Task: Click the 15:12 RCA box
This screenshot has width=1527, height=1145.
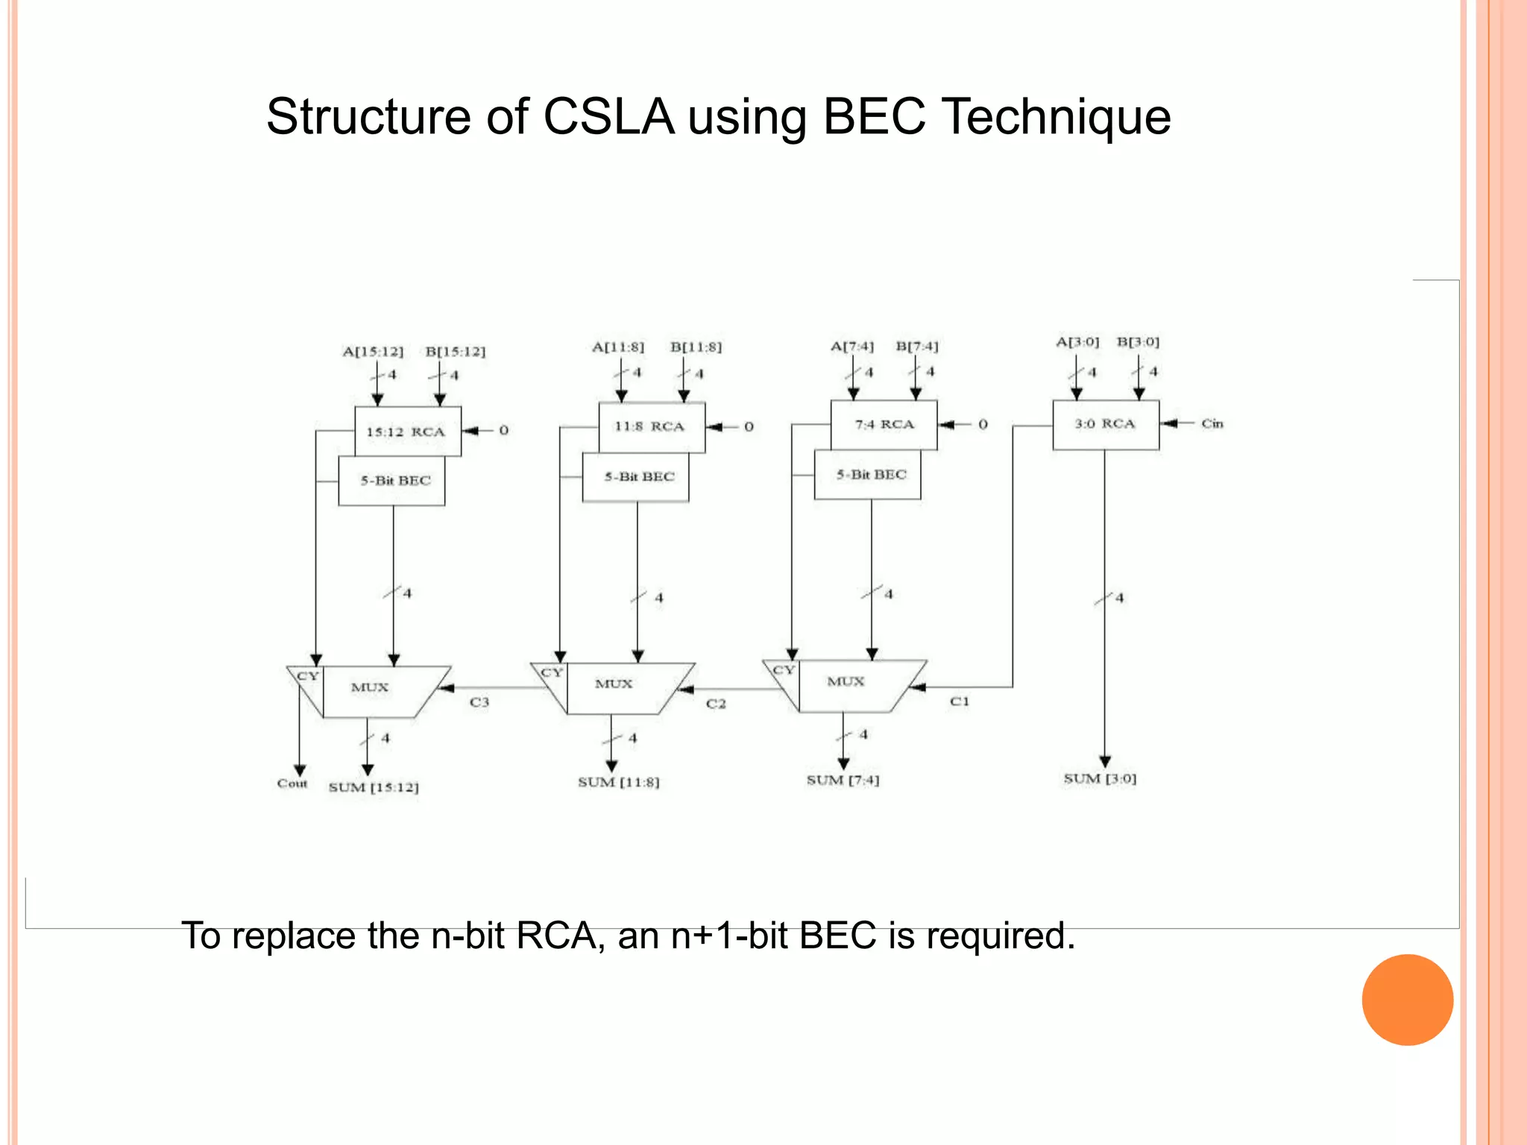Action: (x=407, y=432)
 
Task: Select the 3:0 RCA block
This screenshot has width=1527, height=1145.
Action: (x=1105, y=424)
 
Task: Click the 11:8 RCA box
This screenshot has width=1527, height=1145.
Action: (x=651, y=426)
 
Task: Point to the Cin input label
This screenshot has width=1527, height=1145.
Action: (x=1212, y=423)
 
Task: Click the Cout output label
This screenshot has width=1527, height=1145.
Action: (x=292, y=783)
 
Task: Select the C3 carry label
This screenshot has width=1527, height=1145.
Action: (x=479, y=702)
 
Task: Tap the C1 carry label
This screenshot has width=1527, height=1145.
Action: (x=960, y=701)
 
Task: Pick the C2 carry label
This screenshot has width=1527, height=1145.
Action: (x=716, y=704)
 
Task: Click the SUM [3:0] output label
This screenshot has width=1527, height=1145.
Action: (x=1100, y=779)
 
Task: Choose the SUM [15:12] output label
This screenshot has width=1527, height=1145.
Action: (x=374, y=787)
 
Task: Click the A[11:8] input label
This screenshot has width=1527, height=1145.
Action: (x=618, y=347)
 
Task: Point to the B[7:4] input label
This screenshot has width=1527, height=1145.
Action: (x=917, y=347)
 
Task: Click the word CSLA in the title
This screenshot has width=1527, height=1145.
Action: (x=608, y=117)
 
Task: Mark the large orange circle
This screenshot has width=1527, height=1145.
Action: (x=1407, y=1000)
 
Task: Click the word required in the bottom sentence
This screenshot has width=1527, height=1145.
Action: (x=998, y=936)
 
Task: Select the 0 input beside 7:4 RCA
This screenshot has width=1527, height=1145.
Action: (x=983, y=424)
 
